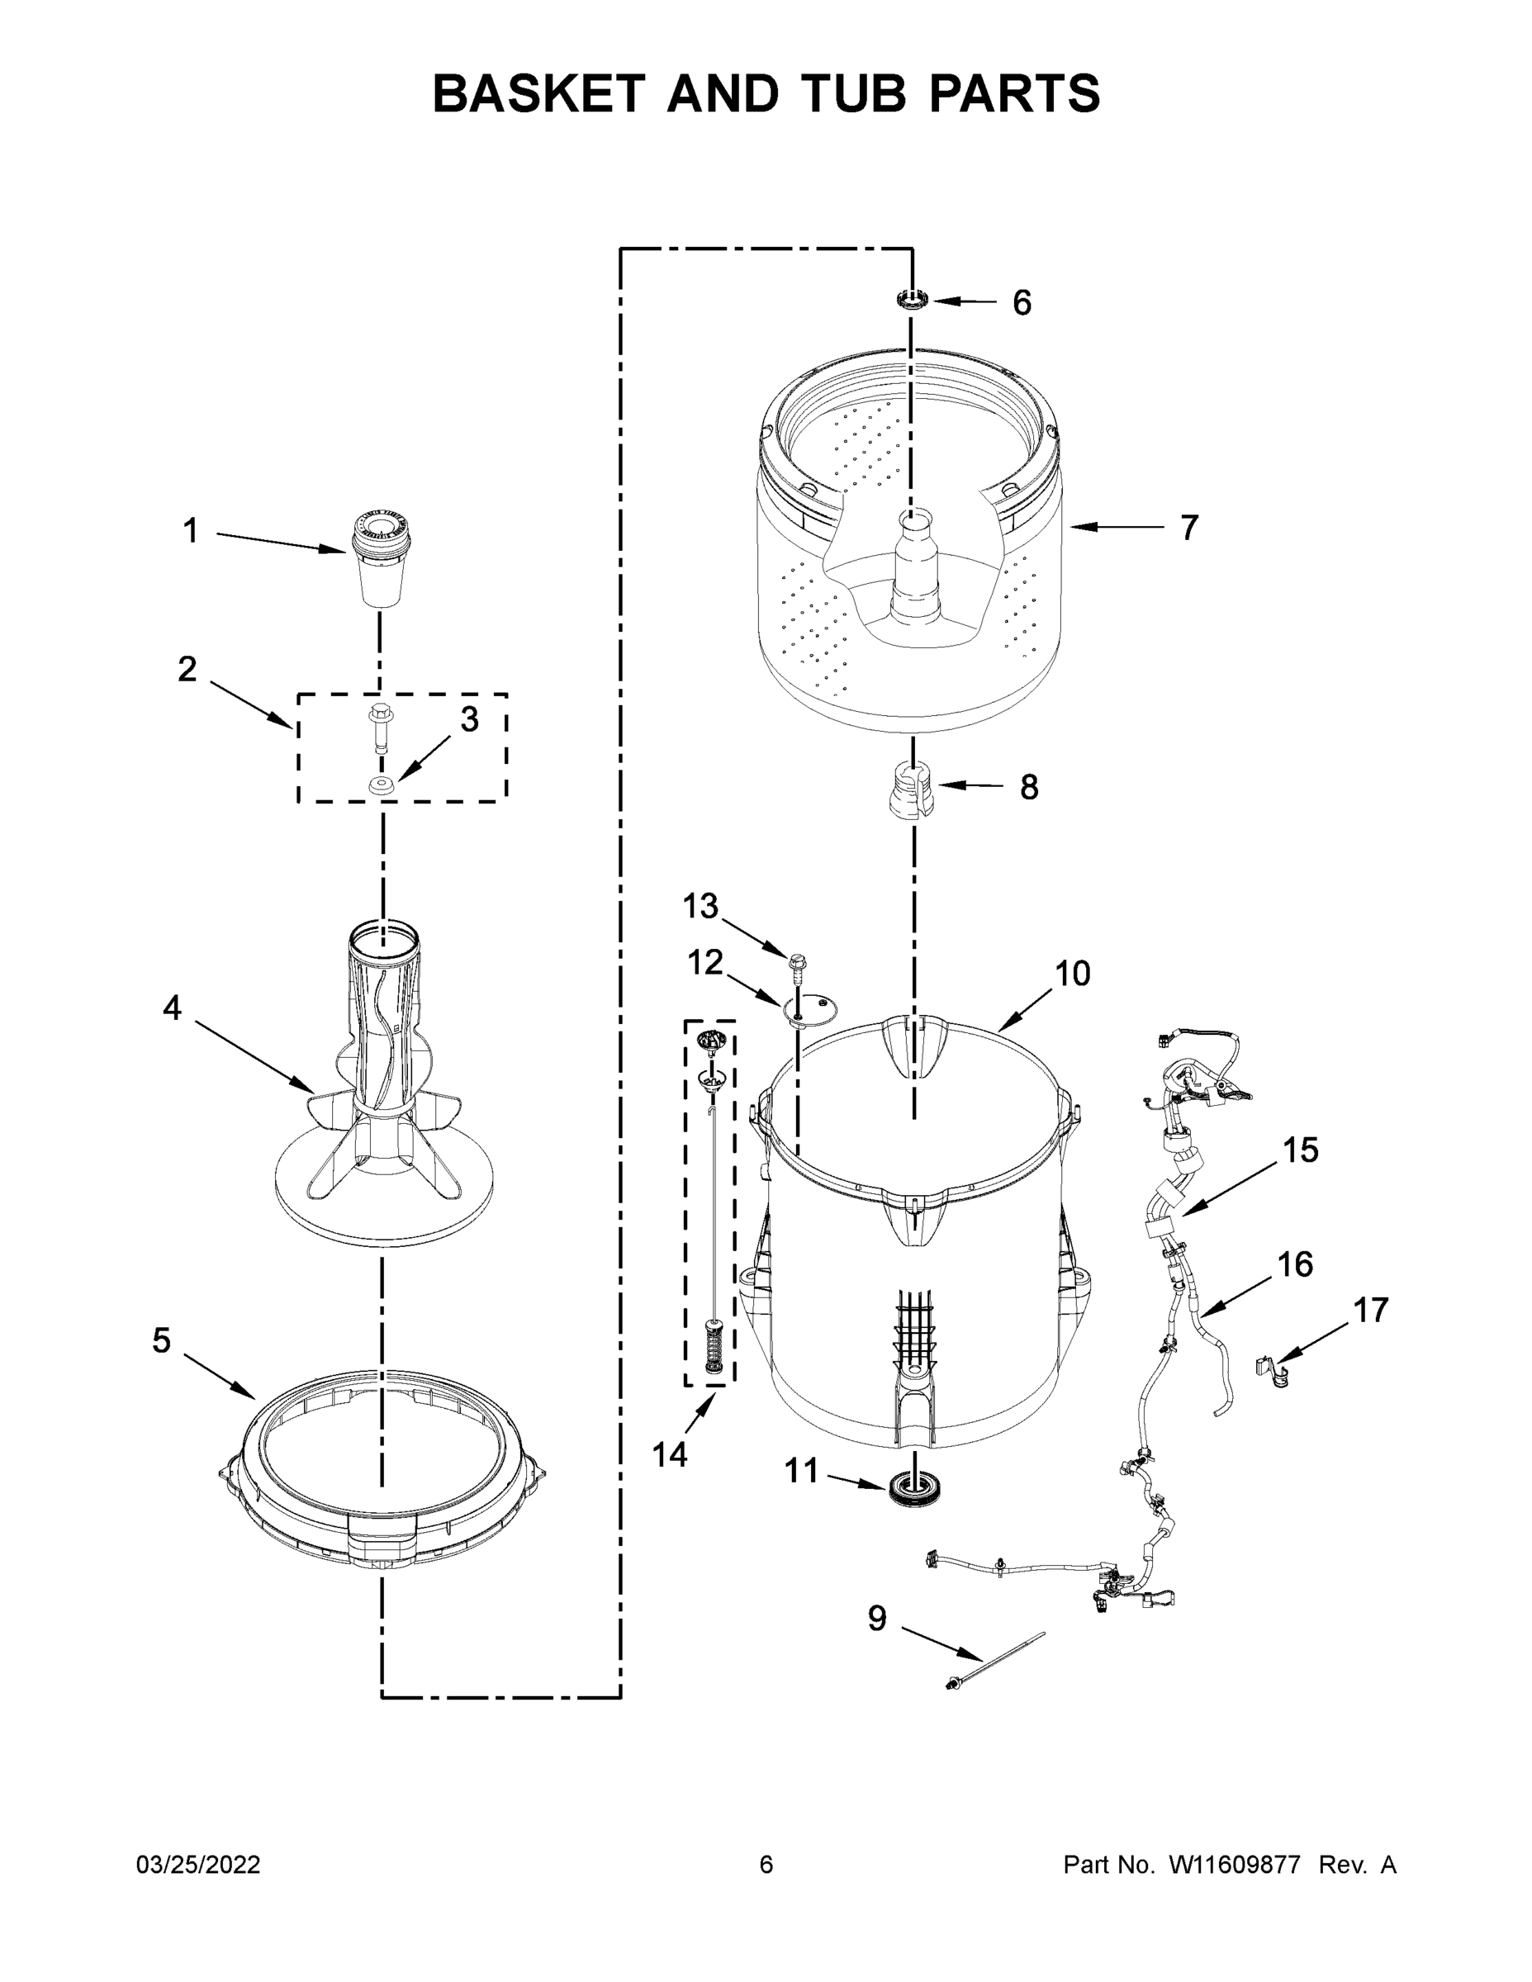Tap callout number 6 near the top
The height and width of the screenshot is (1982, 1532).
(x=1022, y=303)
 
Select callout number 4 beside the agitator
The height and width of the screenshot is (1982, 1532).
(x=173, y=1008)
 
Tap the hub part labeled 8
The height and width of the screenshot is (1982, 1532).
(x=911, y=788)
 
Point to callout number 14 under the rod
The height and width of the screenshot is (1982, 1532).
(x=670, y=1455)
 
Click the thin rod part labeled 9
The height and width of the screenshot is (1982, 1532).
(x=994, y=1660)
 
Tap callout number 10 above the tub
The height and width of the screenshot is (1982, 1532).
(x=1072, y=974)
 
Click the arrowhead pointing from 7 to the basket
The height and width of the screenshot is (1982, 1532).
(x=1079, y=526)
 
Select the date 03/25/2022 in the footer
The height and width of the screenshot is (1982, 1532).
(x=198, y=1864)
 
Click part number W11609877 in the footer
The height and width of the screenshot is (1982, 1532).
(x=1235, y=1864)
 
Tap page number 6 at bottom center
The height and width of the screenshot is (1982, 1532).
(x=766, y=1864)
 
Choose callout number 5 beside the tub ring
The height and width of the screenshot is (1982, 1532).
(x=162, y=1340)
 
